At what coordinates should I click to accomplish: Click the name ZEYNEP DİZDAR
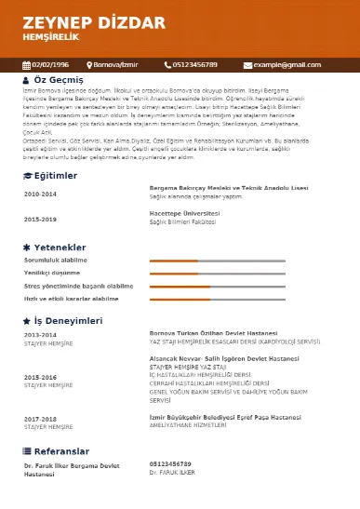(x=80, y=22)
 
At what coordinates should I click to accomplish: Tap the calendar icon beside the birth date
(x=26, y=65)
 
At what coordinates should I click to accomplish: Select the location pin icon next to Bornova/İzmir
(x=90, y=65)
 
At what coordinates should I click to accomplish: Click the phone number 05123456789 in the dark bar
(x=195, y=65)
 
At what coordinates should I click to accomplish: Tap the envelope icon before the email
(x=247, y=65)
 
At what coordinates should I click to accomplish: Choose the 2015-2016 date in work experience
(x=40, y=377)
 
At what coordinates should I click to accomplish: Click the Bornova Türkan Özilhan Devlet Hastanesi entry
(x=213, y=332)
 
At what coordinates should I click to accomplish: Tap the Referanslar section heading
(x=61, y=450)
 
